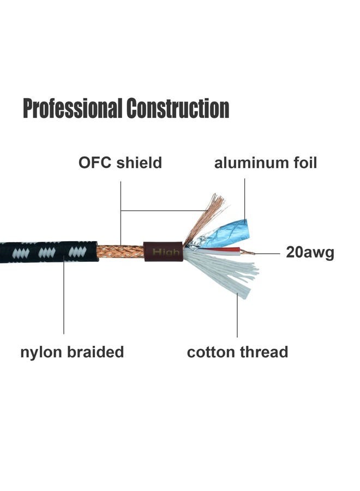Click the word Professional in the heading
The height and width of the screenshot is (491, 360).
pyautogui.click(x=73, y=109)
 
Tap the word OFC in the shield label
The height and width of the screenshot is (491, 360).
pyautogui.click(x=95, y=163)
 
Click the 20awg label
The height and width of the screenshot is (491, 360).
pyautogui.click(x=310, y=253)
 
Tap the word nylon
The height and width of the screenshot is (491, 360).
pyautogui.click(x=41, y=352)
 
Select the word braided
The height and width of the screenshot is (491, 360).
pyautogui.click(x=96, y=352)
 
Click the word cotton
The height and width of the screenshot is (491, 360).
pyautogui.click(x=211, y=352)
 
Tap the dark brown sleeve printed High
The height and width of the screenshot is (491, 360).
pyautogui.click(x=164, y=251)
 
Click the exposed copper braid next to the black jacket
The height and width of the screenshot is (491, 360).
pyautogui.click(x=120, y=252)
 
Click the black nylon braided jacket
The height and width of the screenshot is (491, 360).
pyautogui.click(x=49, y=252)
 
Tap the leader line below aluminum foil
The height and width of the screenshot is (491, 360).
pyautogui.click(x=245, y=199)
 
